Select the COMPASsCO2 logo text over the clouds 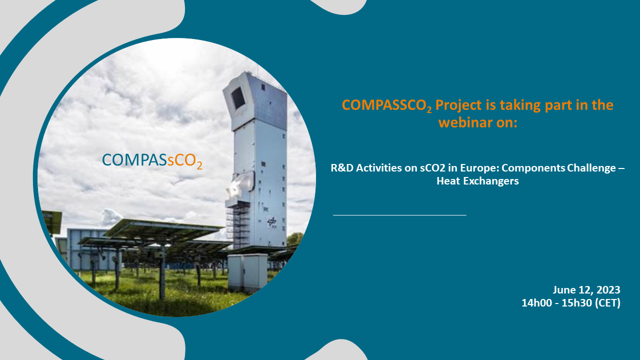tap(152, 160)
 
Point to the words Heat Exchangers tap(477, 181)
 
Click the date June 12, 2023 tap(586, 289)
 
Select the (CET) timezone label tap(607, 303)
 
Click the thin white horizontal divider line tap(399, 215)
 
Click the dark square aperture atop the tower tap(238, 98)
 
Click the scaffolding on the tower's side tap(237, 225)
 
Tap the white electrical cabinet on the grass tap(247, 273)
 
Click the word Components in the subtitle tap(533, 168)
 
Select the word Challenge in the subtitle tap(591, 167)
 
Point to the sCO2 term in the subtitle tap(432, 168)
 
